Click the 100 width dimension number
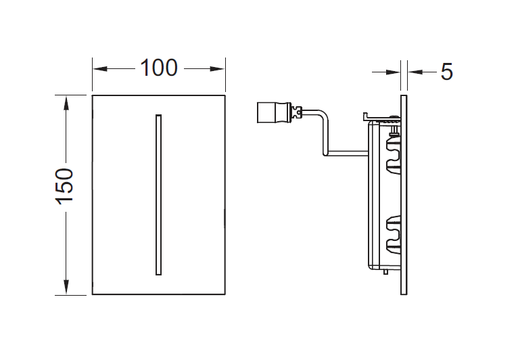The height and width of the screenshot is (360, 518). click(x=159, y=68)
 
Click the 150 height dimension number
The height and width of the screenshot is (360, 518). click(x=64, y=187)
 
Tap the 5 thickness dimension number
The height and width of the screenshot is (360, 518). click(x=446, y=72)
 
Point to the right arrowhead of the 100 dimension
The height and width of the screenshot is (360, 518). click(x=217, y=69)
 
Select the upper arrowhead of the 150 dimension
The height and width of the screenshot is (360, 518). click(x=66, y=103)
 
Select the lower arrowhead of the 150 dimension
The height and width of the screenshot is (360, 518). click(x=66, y=287)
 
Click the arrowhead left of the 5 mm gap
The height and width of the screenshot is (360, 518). click(x=393, y=72)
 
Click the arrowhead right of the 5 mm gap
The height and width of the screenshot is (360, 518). click(x=415, y=72)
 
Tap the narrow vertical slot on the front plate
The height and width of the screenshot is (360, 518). click(x=158, y=195)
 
